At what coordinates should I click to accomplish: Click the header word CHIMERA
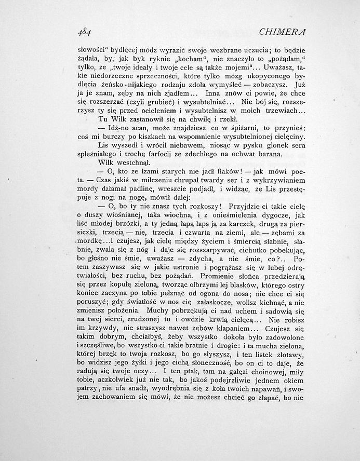(280, 32)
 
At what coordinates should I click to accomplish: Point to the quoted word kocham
(167, 59)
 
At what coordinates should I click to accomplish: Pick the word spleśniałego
(97, 154)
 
